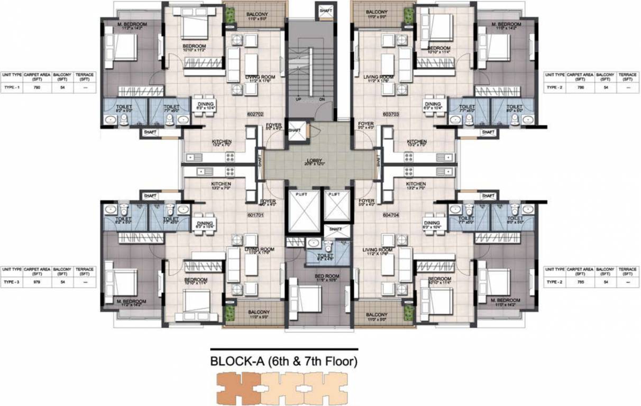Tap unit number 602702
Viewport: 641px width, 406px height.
255,114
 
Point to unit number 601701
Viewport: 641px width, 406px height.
255,214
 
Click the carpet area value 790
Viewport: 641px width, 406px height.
37,88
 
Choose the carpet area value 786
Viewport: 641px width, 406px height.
580,88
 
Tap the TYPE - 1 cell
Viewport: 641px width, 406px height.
11,88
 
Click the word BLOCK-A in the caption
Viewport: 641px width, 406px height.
237,363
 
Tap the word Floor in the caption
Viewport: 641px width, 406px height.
340,363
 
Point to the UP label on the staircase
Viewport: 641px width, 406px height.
298,98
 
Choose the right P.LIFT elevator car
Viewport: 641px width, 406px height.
334,206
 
